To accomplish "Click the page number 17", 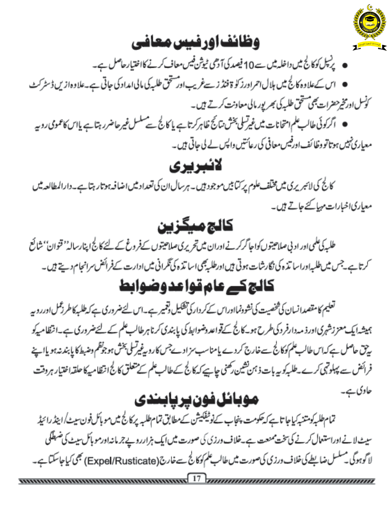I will [197, 478].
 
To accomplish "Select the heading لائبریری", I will [195, 166].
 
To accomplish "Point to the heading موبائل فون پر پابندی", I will [196, 399].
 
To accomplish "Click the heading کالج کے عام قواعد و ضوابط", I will [197, 286].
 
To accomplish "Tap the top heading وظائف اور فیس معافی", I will [195, 43].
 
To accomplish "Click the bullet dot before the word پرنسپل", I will [344, 66].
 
